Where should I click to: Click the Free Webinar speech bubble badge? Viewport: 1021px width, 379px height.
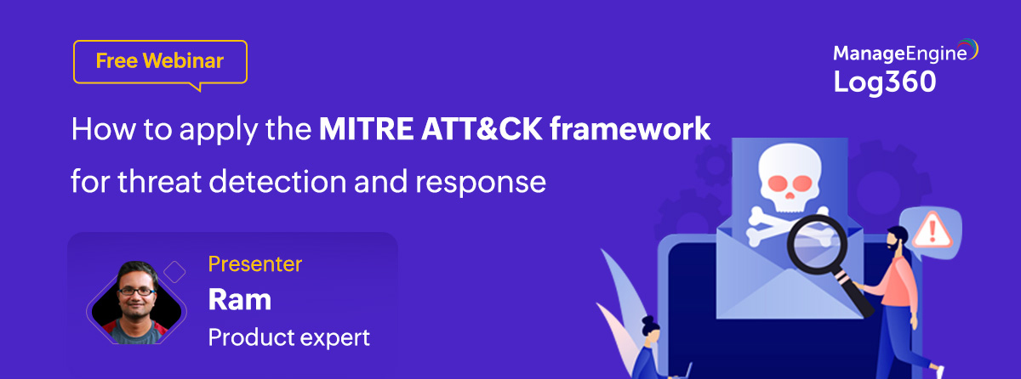(x=160, y=62)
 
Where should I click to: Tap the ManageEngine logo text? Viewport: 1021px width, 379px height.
(x=900, y=54)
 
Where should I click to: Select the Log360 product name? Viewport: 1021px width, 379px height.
(x=884, y=82)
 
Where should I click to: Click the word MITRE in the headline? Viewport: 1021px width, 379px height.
(x=367, y=129)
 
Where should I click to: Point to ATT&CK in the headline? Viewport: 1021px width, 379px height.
(x=482, y=129)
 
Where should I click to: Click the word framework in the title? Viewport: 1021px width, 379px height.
(x=630, y=129)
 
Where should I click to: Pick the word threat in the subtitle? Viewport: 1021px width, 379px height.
(x=160, y=182)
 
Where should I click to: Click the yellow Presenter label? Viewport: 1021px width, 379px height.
(x=255, y=264)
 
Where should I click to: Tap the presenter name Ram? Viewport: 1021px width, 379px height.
(x=240, y=300)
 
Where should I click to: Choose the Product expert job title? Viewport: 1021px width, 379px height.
(x=289, y=337)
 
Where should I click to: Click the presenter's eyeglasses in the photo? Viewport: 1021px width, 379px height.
(x=136, y=291)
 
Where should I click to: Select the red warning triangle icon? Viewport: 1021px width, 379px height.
(x=933, y=229)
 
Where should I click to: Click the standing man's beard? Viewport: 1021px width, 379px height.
(x=894, y=246)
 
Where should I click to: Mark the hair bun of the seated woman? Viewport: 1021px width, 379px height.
(x=647, y=321)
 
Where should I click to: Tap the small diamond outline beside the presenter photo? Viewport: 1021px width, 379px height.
(x=174, y=272)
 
